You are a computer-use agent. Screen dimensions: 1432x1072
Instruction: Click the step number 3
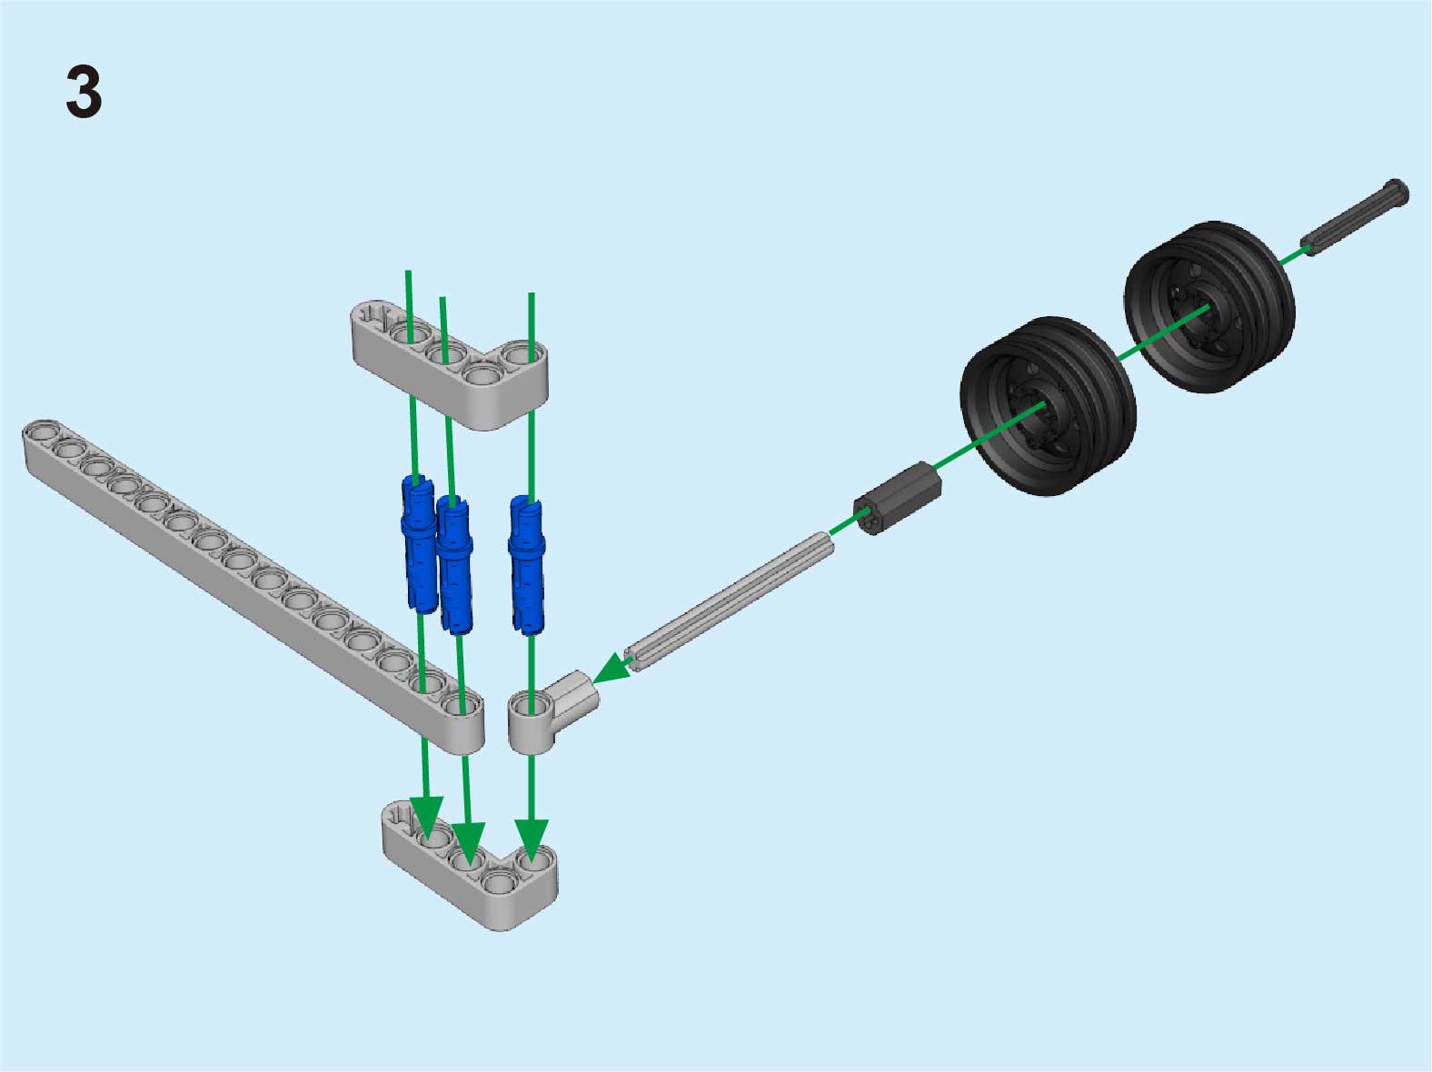pos(85,92)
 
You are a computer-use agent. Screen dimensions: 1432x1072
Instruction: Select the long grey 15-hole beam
pos(254,586)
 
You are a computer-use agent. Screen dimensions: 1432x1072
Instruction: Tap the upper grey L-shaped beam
pos(450,366)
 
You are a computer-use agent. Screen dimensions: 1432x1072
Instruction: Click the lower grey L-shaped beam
pos(470,866)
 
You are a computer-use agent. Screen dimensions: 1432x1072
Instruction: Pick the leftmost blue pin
pos(419,544)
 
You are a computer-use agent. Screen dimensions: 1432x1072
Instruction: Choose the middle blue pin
pos(454,565)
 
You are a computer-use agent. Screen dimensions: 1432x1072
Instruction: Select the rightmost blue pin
pos(526,565)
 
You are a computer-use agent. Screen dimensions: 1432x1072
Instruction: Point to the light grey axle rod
pos(729,601)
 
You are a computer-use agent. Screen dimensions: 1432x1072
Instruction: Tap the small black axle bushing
pos(898,498)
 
